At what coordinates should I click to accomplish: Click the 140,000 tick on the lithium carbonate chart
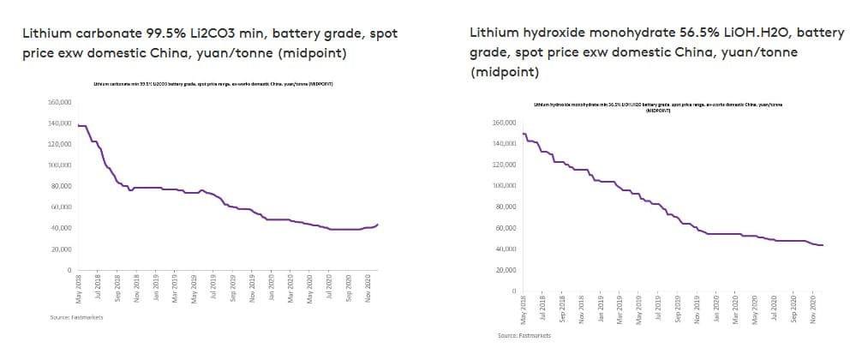point(60,123)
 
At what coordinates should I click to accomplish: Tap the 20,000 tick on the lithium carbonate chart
point(62,249)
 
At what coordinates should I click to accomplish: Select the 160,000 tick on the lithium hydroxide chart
point(503,123)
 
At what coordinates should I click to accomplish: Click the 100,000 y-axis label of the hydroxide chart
point(503,186)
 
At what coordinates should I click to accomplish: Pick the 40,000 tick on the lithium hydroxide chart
point(505,249)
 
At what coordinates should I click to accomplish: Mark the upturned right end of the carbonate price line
point(377,225)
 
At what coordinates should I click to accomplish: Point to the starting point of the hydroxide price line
point(523,134)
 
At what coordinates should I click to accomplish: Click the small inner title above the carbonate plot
point(212,84)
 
